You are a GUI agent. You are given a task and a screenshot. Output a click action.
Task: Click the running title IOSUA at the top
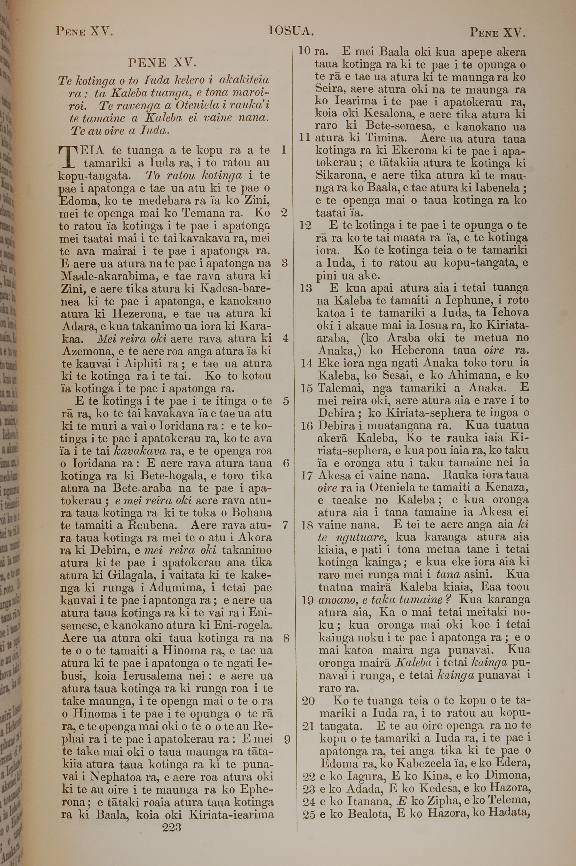coord(291,31)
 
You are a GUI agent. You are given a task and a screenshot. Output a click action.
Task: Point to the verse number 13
coord(306,288)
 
